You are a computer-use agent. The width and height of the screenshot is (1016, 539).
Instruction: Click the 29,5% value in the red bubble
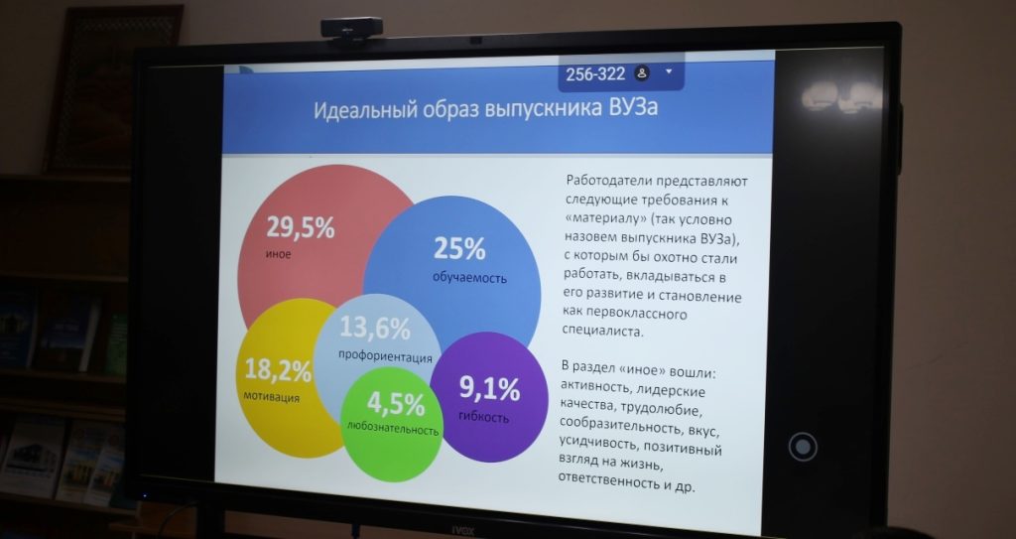tap(300, 227)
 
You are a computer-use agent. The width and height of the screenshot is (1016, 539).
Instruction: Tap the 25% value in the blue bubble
tap(459, 248)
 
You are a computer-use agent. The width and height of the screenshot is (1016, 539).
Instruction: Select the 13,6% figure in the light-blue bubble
tap(374, 328)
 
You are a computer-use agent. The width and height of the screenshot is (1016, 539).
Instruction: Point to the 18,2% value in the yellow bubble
tap(278, 370)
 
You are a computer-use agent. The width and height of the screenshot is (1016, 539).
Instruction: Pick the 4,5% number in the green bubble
tap(396, 404)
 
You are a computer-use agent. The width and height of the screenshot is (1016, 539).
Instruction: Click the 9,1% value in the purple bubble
tap(489, 388)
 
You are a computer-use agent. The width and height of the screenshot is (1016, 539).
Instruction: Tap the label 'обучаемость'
tap(469, 278)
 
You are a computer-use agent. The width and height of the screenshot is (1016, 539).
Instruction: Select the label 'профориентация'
tap(385, 356)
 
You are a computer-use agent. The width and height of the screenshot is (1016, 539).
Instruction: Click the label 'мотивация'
tap(272, 396)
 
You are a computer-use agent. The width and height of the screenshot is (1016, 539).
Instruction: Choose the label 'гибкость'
tap(483, 417)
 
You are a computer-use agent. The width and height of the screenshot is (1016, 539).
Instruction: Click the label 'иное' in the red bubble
tap(278, 254)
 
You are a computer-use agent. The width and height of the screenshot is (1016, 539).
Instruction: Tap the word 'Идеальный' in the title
tap(371, 109)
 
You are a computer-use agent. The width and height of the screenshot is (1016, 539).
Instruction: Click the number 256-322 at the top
tap(595, 73)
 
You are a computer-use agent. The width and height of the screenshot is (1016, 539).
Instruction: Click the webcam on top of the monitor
tap(352, 29)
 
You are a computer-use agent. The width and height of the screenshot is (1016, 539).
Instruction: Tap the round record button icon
tap(802, 447)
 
